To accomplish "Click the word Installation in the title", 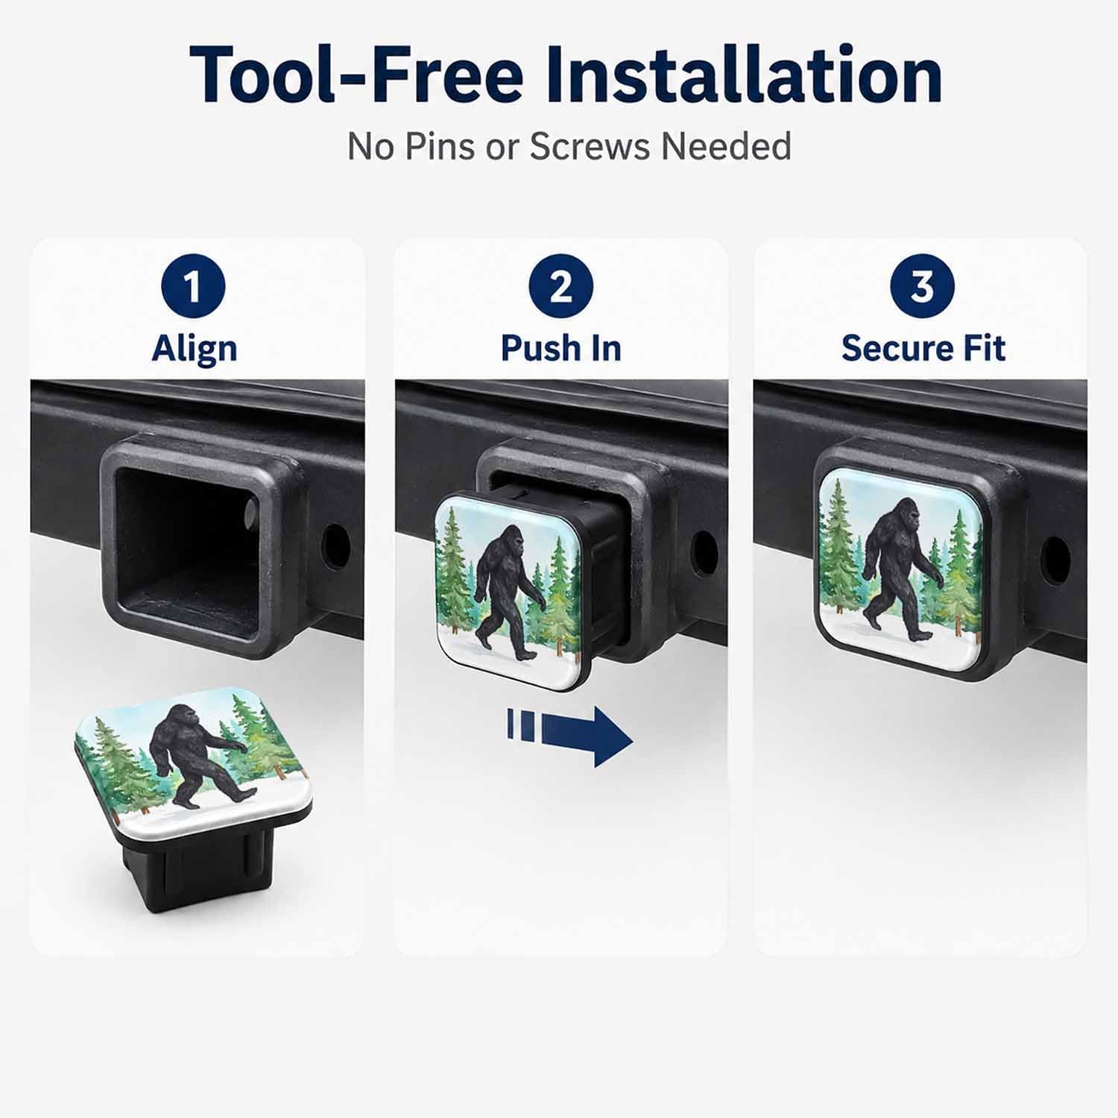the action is pos(745,75).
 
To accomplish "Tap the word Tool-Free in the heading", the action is pos(356,75).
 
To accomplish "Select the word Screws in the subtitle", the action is pos(590,146).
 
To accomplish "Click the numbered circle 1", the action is pos(194,287).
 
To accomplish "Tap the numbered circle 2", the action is pos(560,287).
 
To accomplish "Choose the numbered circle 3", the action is pos(922,287).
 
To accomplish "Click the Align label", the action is pos(195,349).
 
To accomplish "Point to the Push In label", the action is pos(560,348).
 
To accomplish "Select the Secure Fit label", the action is pos(923,348).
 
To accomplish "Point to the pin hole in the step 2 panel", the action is pos(704,551).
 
